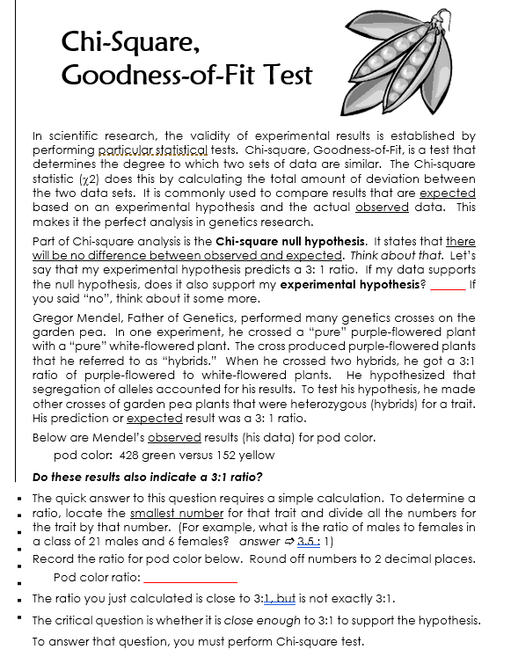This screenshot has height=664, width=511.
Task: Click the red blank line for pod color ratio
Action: point(190,580)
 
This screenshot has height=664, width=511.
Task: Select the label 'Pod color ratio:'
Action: point(97,578)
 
